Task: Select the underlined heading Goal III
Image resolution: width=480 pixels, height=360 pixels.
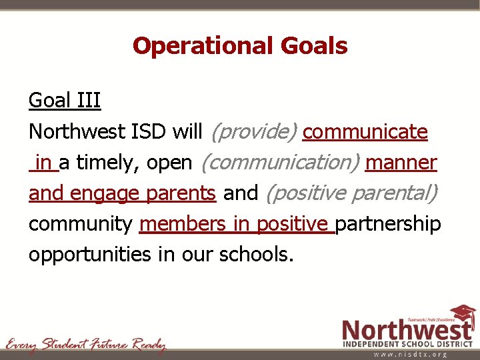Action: (65, 101)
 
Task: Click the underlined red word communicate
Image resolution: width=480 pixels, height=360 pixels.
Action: (365, 132)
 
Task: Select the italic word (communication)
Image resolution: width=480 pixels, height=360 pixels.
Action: (280, 163)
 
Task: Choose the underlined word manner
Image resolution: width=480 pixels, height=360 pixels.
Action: (401, 163)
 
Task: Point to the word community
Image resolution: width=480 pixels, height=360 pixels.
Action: (81, 224)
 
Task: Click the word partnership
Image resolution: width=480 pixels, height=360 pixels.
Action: (388, 224)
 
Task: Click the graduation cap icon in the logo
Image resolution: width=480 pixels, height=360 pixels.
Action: (463, 314)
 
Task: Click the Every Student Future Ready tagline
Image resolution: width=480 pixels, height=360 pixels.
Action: (85, 345)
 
